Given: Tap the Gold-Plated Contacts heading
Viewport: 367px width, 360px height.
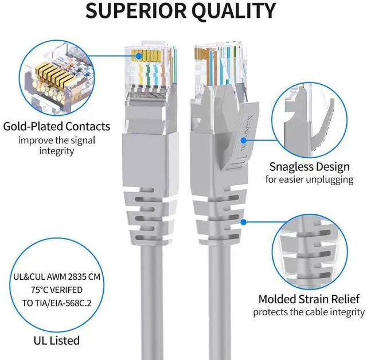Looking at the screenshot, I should pos(56,126).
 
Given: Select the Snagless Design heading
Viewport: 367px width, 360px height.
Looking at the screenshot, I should pos(309,167).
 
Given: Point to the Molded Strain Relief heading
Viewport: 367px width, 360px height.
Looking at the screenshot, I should pos(309,299).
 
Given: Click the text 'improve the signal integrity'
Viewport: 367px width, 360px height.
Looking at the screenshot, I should pos(56,145).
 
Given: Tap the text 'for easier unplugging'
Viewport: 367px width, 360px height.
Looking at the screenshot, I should pos(309,179).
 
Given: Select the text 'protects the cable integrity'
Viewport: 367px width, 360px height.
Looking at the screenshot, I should pos(309,312).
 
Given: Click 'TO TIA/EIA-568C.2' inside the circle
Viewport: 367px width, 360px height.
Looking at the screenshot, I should pos(56,302).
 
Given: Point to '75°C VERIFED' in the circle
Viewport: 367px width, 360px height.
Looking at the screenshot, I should pos(56,289).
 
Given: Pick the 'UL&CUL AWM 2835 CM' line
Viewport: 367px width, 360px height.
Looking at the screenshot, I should pos(56,276).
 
